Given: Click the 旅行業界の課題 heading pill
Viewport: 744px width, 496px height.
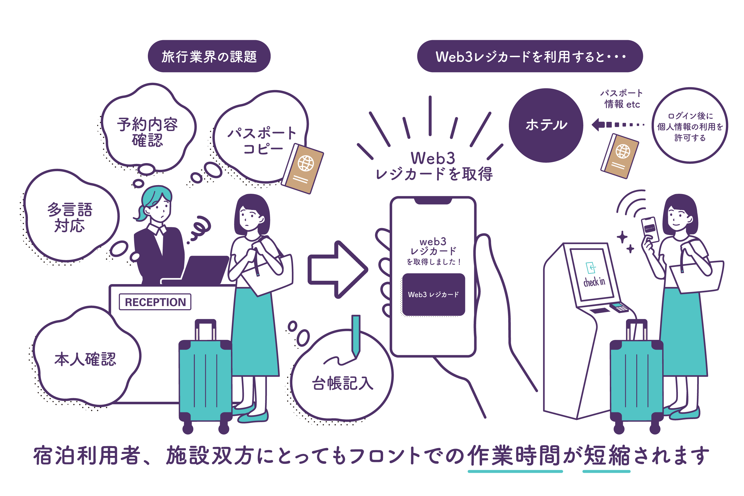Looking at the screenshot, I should point(209,56).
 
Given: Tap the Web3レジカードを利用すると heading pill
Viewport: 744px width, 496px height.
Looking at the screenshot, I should point(530,56).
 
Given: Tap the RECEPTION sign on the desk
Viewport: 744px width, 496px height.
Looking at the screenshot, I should point(155,302).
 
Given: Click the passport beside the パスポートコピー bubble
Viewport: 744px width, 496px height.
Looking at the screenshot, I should point(302,169).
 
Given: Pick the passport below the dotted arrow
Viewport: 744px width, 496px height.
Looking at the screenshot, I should point(620,156).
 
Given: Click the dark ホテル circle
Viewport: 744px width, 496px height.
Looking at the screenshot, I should point(546,125).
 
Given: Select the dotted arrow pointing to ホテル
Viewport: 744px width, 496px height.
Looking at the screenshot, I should point(617,125).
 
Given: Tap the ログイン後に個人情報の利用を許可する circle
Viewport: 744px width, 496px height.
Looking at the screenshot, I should point(690,126).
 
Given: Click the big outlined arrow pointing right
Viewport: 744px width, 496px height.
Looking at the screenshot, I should point(337,270).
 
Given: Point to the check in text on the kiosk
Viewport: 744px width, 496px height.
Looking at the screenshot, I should point(594,282).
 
